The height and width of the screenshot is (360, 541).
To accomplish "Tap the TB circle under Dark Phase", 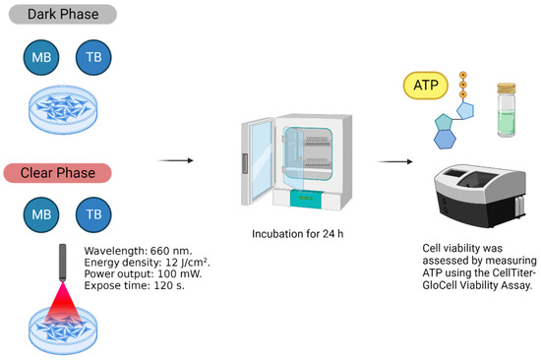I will pos(93,59).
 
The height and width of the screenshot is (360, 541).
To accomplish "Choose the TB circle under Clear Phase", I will pos(93,213).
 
